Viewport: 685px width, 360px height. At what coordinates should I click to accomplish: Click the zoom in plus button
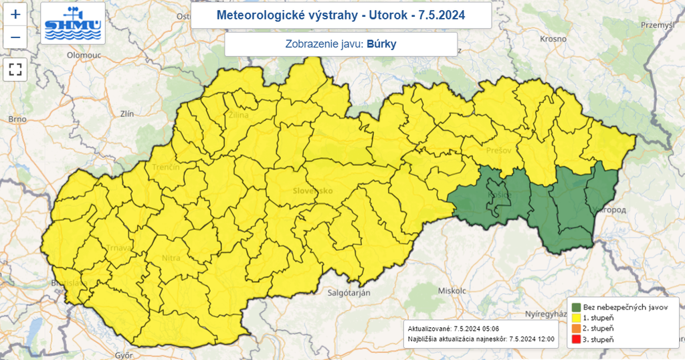click(x=15, y=14)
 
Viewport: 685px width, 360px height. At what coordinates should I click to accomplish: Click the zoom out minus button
click(x=15, y=37)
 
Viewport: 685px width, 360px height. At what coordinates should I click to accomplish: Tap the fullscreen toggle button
click(x=15, y=69)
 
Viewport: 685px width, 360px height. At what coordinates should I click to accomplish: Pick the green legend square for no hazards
click(x=575, y=306)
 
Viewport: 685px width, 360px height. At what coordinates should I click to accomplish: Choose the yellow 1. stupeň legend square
click(x=575, y=317)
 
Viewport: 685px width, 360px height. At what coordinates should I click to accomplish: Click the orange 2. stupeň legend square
click(x=575, y=329)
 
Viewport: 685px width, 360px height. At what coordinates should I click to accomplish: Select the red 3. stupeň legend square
click(x=575, y=340)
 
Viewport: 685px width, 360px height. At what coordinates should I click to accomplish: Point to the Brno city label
click(x=17, y=119)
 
